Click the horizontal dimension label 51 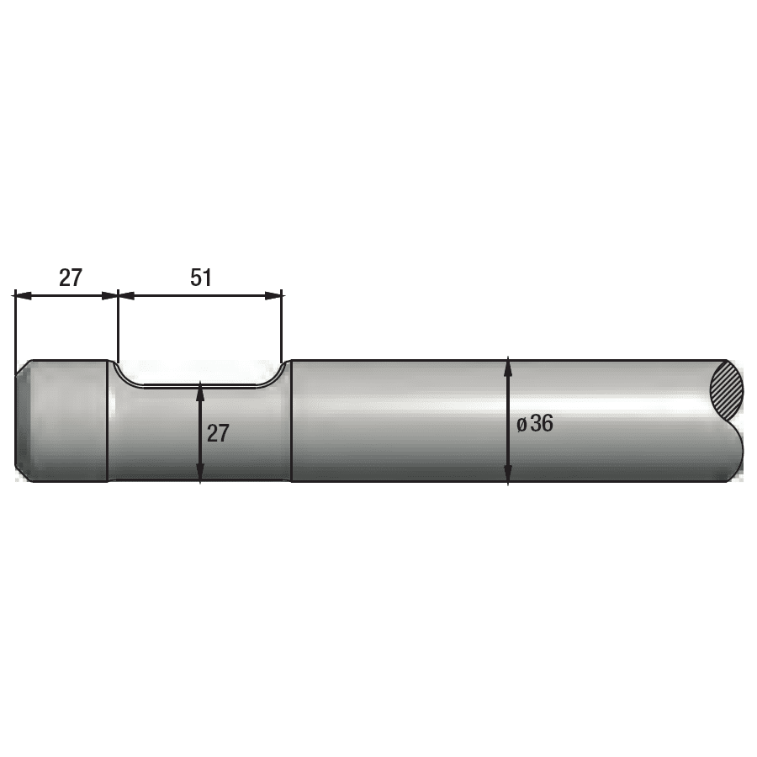point(201,278)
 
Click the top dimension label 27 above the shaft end point(71,278)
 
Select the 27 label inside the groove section point(218,433)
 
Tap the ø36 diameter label point(535,423)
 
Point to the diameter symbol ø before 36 point(521,425)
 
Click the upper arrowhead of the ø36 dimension point(508,366)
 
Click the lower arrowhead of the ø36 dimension point(508,474)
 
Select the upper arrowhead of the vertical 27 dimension point(200,390)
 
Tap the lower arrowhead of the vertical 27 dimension point(200,473)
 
